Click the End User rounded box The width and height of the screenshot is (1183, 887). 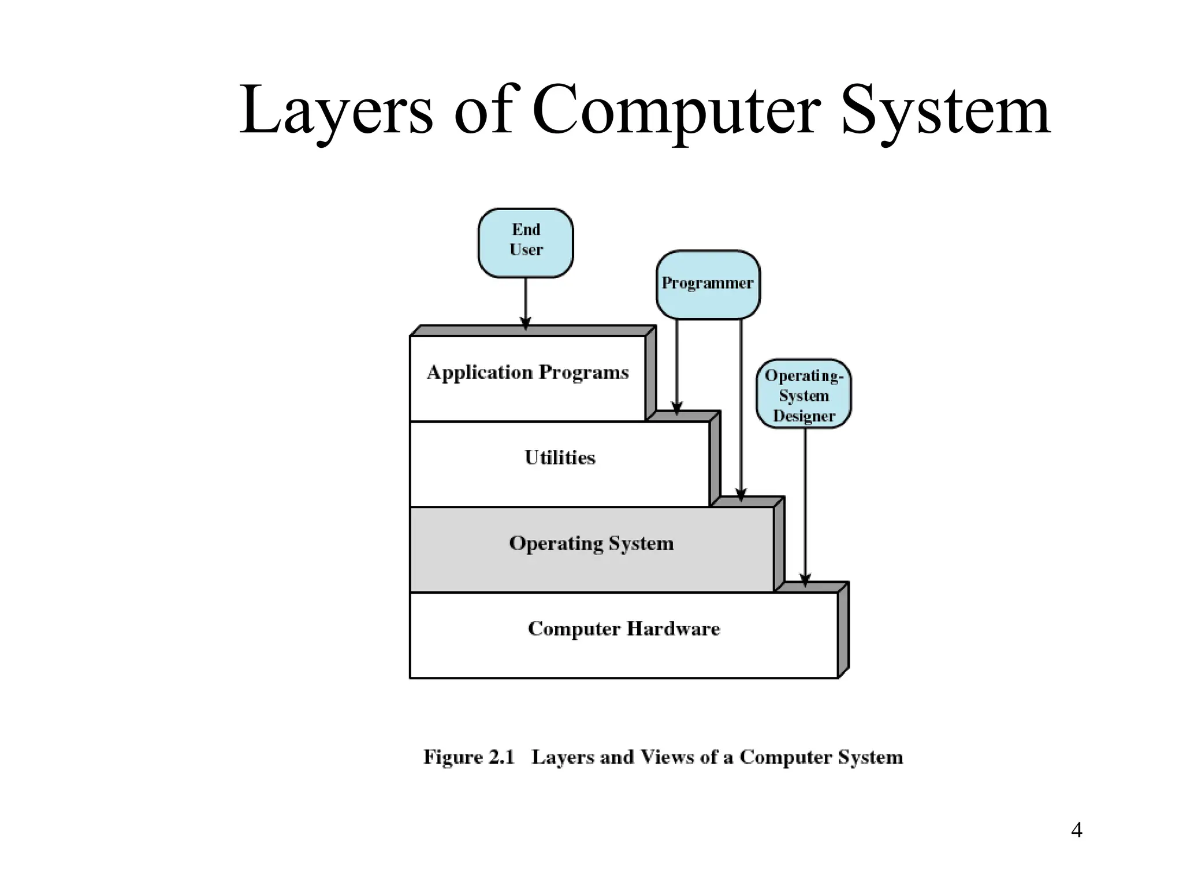(x=526, y=243)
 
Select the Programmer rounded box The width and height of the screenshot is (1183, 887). (x=708, y=284)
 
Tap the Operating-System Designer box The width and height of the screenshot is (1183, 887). (x=803, y=394)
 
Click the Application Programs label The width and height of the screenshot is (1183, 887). (x=527, y=372)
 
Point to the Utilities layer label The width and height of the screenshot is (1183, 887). (x=560, y=458)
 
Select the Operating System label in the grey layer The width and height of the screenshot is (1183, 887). (x=591, y=543)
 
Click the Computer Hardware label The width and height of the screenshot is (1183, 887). (x=624, y=629)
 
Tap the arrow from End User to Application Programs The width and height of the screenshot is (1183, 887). (x=526, y=303)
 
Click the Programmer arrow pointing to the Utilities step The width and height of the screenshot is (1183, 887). (x=677, y=367)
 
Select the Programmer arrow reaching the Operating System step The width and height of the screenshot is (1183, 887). (x=741, y=410)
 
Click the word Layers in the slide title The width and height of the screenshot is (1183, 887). (x=336, y=111)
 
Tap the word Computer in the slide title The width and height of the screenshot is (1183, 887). (x=676, y=111)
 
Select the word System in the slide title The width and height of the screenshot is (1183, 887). (x=945, y=111)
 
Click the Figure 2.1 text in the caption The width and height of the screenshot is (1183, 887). (x=468, y=757)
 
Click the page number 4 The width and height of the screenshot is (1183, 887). (x=1076, y=830)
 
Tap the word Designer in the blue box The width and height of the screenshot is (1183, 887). (x=804, y=416)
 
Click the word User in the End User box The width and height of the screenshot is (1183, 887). (x=526, y=250)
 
